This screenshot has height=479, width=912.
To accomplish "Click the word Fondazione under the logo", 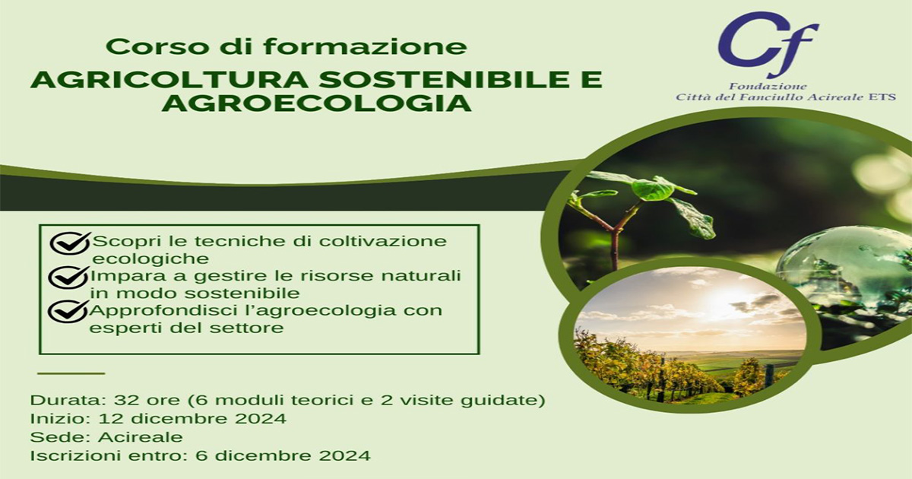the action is [x=767, y=87].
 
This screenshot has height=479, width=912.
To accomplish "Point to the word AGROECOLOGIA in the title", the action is [x=317, y=103].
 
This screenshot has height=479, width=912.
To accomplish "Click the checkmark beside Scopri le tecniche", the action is [x=70, y=243].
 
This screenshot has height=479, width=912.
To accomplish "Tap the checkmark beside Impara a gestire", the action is [x=68, y=278].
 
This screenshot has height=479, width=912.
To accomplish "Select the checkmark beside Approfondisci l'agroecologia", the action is [x=68, y=312].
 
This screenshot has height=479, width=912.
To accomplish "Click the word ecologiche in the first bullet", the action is [x=150, y=259].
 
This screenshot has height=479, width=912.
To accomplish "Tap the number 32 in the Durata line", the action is [x=124, y=401].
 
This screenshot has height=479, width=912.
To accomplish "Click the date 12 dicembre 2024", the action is [x=192, y=419].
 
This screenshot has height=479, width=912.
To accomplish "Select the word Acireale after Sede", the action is [x=141, y=437].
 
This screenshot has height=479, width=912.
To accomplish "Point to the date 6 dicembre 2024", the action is [x=283, y=455].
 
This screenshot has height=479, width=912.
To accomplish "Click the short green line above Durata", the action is [x=71, y=373].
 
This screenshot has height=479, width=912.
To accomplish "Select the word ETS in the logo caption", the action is [x=884, y=97].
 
